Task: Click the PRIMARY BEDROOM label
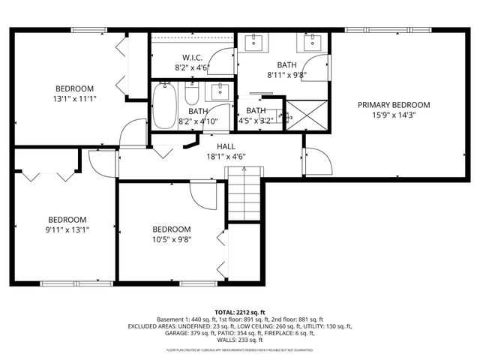coord(393,105)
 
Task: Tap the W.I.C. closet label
coord(192,58)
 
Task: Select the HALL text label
coord(226,146)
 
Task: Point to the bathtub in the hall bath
coord(164,106)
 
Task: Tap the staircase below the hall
coord(244,194)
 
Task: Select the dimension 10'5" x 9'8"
coord(171,239)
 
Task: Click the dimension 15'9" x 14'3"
coord(393,115)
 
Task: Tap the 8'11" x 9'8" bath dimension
coord(286,75)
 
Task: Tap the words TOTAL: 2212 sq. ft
coord(239,310)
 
